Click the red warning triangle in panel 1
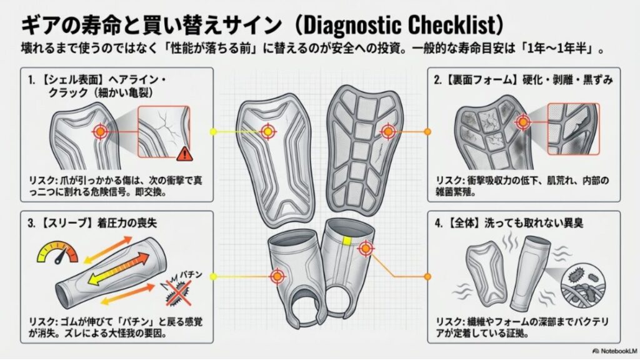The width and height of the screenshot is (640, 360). (183, 152)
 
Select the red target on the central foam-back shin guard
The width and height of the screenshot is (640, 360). (388, 131)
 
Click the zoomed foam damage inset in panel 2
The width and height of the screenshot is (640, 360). (572, 129)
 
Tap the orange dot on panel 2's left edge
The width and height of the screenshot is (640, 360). (427, 132)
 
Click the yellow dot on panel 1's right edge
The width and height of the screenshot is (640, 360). (213, 132)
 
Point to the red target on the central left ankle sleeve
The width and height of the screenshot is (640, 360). (276, 276)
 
